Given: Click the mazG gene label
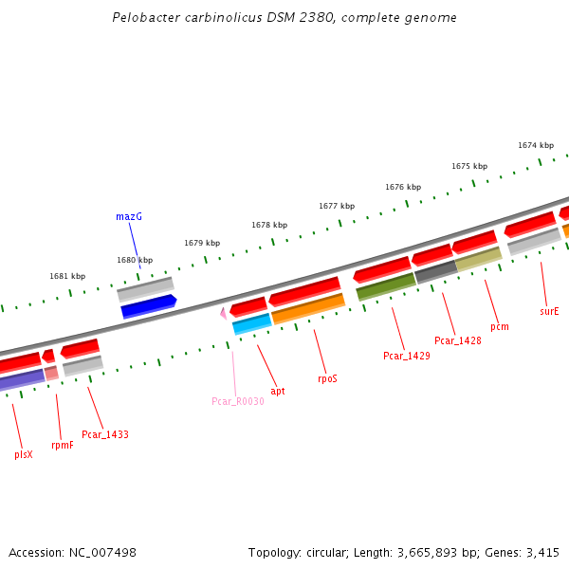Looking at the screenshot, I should coord(129,216).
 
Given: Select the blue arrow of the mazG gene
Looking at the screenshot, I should coord(148,306).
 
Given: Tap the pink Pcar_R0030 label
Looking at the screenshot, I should coord(237,401).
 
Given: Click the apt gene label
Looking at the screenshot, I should coord(278,390).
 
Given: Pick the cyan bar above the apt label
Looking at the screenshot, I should coord(252,324).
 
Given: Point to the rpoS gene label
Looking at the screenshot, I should coord(327,378).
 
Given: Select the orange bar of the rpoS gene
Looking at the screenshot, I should coord(308,308).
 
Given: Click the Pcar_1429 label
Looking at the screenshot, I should coord(406,356).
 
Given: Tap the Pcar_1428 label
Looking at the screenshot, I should coord(457,340).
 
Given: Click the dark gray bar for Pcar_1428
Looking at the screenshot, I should coord(435,272).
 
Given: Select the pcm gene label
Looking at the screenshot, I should coord(500,326).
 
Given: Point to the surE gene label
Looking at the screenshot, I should coord(549,310).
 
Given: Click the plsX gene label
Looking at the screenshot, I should coord(24,454).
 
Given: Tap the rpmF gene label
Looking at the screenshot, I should coord(62,445).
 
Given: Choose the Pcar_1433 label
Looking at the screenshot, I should coord(105,434).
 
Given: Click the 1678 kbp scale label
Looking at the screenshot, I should coord(269,225).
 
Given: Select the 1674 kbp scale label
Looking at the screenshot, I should coord(536,145).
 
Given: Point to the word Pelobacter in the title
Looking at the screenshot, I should coord(142,17).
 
